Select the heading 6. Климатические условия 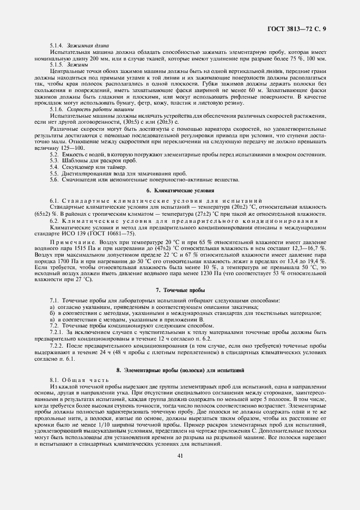[x=180, y=191]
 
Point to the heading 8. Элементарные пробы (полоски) [x=180, y=371]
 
